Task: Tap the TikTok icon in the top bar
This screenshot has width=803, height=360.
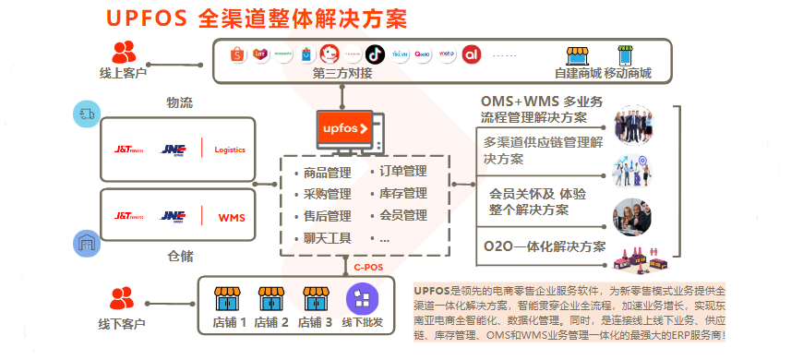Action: point(375,54)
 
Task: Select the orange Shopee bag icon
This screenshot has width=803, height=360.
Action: point(235,54)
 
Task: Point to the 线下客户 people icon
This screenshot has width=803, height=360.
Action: point(122,298)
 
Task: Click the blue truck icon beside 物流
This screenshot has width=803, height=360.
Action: point(86,114)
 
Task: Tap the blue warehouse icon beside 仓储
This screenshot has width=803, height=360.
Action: point(86,243)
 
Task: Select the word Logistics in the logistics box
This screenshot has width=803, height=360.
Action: point(230,150)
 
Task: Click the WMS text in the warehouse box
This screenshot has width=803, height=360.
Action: point(231,218)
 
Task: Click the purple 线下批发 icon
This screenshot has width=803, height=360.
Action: point(360,298)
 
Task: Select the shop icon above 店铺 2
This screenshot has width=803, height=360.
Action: point(271,298)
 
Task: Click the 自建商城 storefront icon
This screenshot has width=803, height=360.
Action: point(578,54)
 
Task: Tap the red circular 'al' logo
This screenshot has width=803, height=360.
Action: point(473,54)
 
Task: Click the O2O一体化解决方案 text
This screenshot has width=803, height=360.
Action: point(545,246)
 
